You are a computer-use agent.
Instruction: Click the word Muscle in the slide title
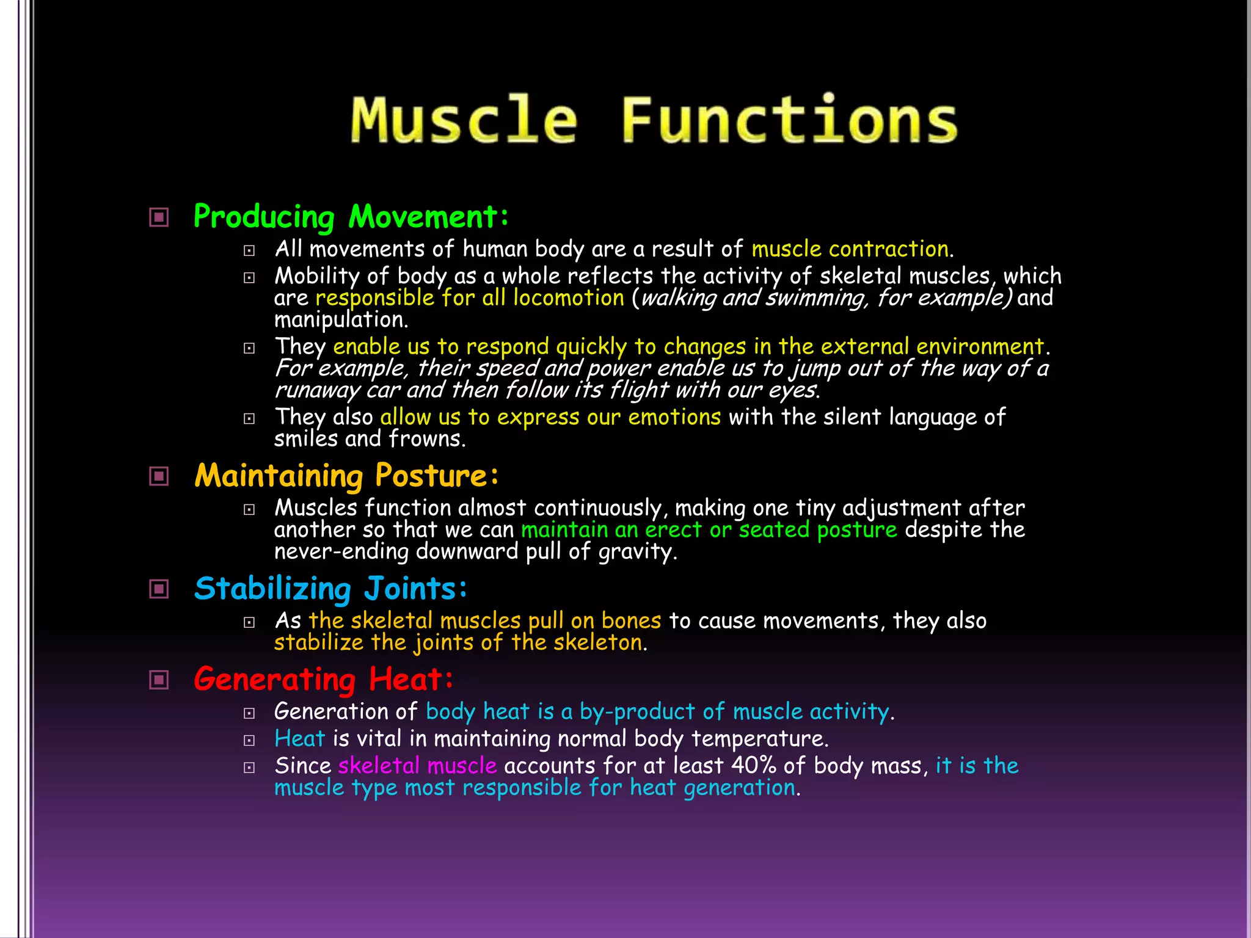click(464, 120)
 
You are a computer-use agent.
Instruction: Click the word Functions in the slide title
click(789, 120)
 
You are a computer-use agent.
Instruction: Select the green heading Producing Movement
click(351, 217)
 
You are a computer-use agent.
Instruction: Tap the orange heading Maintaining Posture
click(346, 476)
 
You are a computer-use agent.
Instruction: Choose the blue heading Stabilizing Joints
click(330, 589)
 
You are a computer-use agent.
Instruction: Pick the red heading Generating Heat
click(323, 679)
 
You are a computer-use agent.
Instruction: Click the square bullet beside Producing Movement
click(159, 217)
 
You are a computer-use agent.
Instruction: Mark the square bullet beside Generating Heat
click(159, 680)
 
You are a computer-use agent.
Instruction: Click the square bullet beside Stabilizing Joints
click(159, 589)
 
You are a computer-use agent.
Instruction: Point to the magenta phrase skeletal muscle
click(417, 766)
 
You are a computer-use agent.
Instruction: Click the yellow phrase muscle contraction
click(850, 249)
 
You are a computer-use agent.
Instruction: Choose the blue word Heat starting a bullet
click(299, 739)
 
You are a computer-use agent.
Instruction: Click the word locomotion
click(568, 298)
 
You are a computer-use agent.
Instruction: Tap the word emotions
click(674, 417)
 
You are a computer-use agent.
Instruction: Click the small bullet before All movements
click(249, 250)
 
